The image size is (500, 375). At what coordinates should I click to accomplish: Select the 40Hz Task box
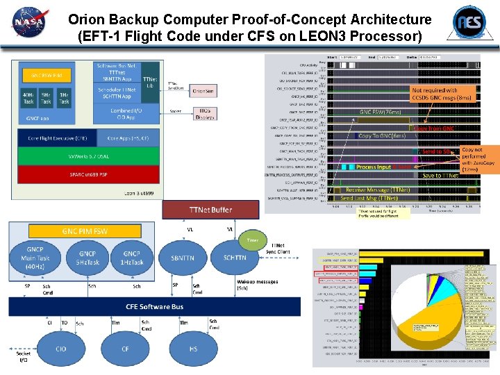28,98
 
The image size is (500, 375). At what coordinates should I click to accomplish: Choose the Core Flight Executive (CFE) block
57,139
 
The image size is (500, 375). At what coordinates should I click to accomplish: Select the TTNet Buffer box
210,209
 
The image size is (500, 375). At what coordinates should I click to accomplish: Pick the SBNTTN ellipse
182,258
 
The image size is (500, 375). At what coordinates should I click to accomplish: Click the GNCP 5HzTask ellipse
87,258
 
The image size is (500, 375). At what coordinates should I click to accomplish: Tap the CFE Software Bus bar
154,306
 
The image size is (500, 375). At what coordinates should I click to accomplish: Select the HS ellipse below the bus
192,348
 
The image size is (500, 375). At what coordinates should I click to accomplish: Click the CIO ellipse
61,348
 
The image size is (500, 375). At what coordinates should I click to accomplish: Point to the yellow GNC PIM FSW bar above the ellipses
85,231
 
